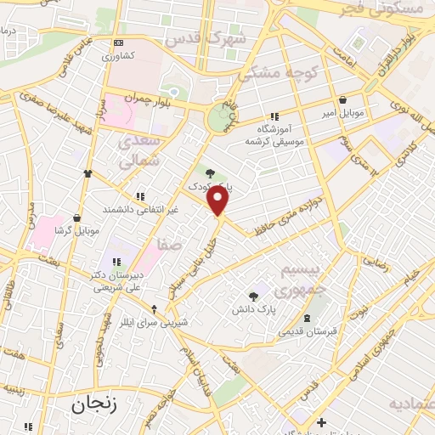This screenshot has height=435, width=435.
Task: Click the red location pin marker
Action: tap(218, 201)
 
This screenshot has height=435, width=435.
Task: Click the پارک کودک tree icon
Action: tap(210, 172)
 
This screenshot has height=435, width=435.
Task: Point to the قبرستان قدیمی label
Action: tap(308, 330)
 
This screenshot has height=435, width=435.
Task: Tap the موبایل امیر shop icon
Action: tap(342, 100)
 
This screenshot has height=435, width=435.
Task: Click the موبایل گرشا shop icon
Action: tap(76, 218)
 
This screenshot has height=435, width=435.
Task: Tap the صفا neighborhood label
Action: tap(170, 245)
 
